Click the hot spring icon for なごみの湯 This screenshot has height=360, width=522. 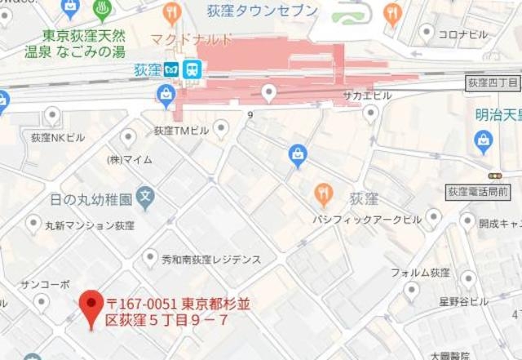[x=103, y=11]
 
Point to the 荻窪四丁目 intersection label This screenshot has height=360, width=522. [x=493, y=83]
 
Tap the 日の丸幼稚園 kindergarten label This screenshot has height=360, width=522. [x=91, y=198]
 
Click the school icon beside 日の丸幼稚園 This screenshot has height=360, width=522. [x=145, y=196]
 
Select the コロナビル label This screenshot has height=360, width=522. [x=462, y=34]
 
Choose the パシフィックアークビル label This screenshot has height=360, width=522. [x=367, y=220]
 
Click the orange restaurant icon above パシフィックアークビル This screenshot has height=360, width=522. [x=324, y=193]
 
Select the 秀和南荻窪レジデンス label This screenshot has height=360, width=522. [x=211, y=260]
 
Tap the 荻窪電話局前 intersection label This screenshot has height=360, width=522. [x=479, y=193]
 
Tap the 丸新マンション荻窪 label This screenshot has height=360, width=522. [x=78, y=225]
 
